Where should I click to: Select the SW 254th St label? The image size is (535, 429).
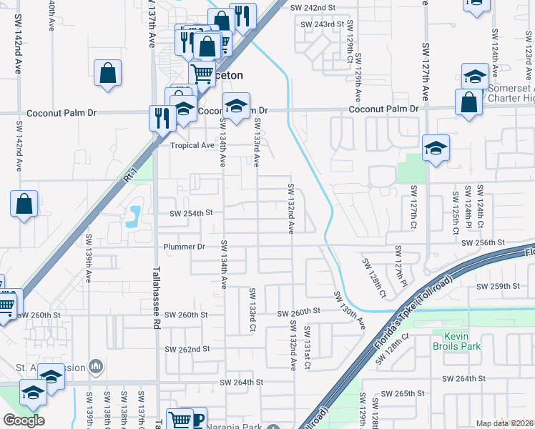point(191,213)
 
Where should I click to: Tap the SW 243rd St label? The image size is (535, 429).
point(318,24)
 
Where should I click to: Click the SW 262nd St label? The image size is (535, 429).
point(187,349)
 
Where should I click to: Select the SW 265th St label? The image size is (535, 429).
point(403,394)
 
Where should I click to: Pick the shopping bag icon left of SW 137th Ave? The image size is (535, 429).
point(107,73)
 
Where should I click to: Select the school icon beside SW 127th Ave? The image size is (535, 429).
point(435,149)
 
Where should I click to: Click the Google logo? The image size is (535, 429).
point(24,420)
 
